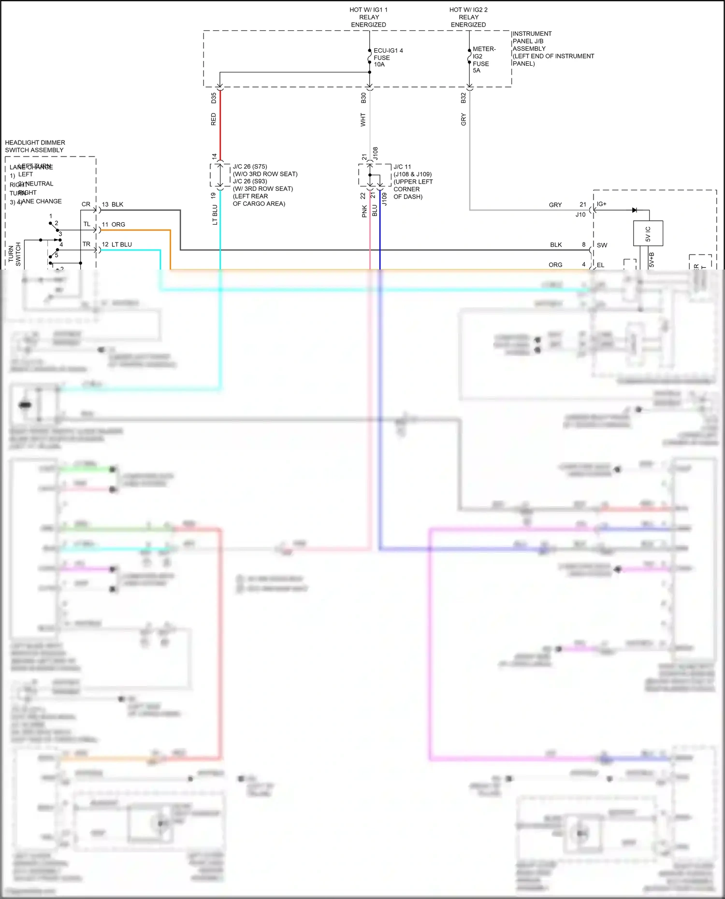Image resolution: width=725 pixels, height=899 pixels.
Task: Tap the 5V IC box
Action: click(648, 233)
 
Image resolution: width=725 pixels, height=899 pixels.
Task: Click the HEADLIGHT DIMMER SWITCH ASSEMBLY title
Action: click(34, 146)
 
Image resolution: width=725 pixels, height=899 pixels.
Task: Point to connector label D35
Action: click(214, 98)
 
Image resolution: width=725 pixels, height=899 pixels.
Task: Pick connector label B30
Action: click(363, 98)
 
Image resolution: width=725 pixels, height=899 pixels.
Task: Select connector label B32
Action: click(463, 98)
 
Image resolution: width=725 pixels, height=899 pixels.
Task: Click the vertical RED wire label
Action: click(214, 119)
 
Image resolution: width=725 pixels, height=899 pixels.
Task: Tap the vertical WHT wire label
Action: click(363, 120)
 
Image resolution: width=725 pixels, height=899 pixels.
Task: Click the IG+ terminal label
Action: click(601, 204)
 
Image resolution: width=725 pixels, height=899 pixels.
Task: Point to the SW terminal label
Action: click(602, 245)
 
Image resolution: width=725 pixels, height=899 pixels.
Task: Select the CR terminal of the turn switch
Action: click(86, 204)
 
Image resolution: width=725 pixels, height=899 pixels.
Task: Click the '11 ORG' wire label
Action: click(114, 225)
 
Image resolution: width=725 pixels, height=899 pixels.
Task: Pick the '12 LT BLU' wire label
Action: click(117, 244)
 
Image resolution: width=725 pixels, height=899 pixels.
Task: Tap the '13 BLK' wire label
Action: click(113, 204)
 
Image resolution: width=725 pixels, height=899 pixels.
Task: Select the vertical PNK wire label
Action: click(364, 211)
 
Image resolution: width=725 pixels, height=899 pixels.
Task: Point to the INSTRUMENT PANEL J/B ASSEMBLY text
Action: click(552, 48)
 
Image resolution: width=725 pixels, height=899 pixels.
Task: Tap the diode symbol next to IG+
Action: click(635, 210)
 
